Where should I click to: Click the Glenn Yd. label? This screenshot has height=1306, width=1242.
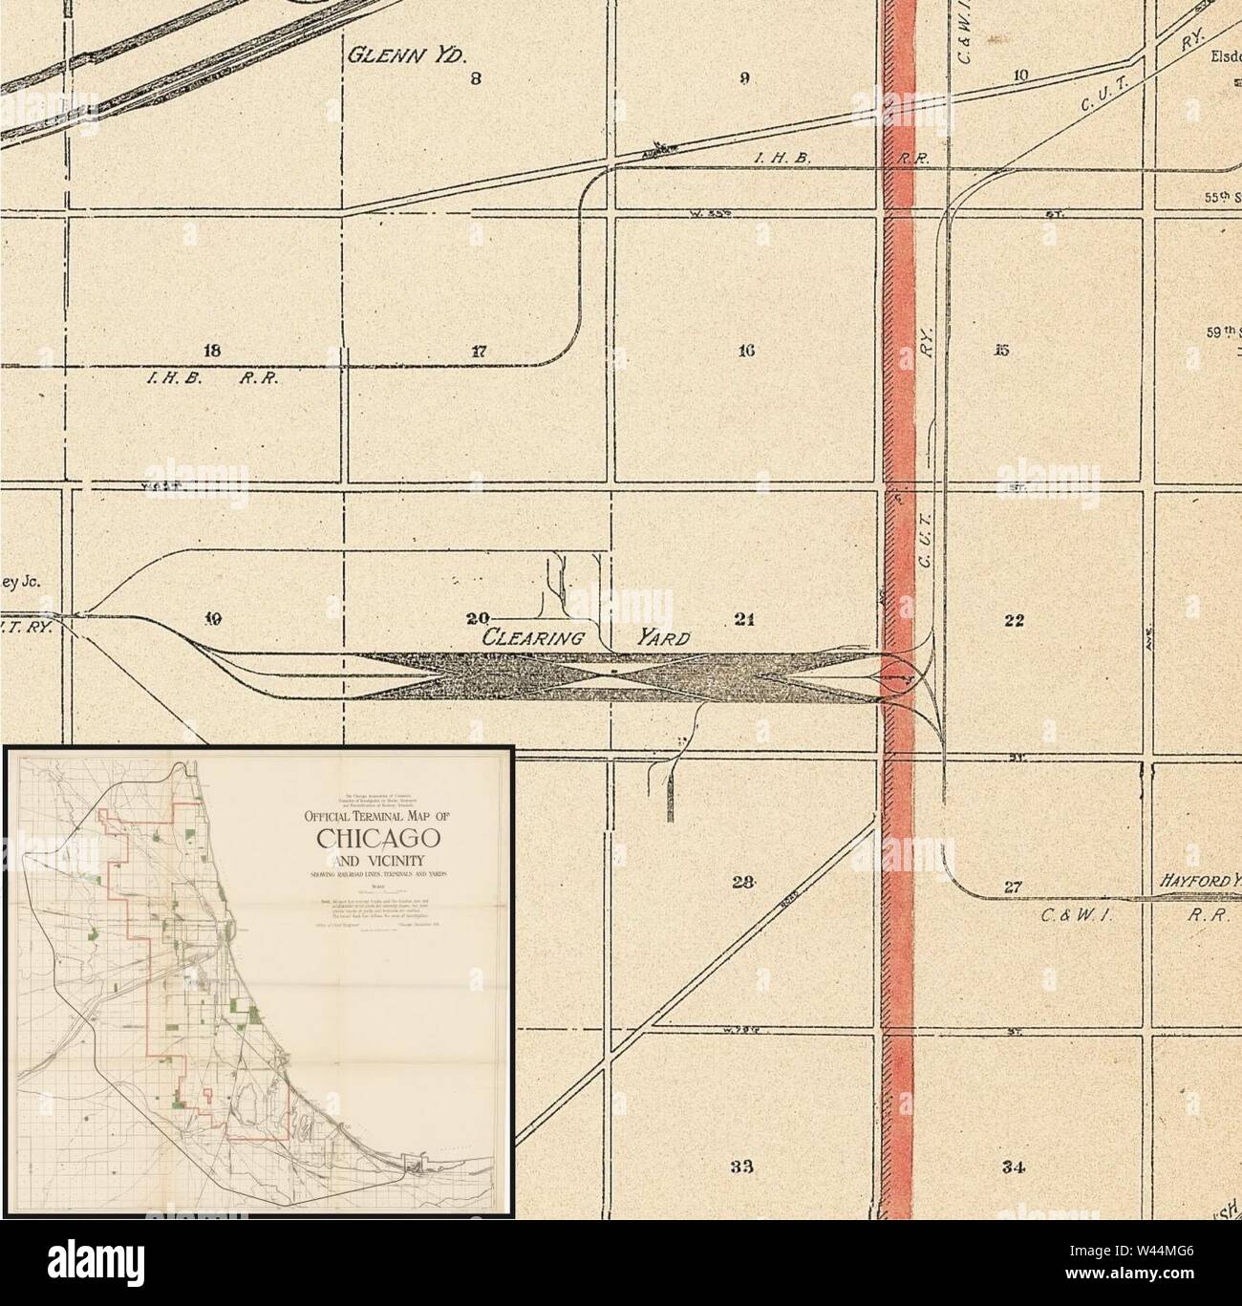click(x=406, y=54)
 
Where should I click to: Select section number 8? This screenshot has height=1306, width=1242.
click(x=475, y=79)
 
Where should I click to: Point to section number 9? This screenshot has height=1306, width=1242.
click(x=744, y=79)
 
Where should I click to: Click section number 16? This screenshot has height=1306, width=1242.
click(x=747, y=351)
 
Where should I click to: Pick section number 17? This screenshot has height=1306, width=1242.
click(x=479, y=351)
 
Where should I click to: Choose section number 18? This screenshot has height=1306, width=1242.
click(x=212, y=350)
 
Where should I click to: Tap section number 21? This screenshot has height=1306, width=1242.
click(x=745, y=619)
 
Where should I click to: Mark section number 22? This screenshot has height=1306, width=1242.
click(x=1014, y=620)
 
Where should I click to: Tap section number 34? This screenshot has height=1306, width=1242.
click(x=1015, y=1167)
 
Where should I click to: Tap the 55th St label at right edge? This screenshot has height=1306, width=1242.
click(x=1221, y=199)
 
